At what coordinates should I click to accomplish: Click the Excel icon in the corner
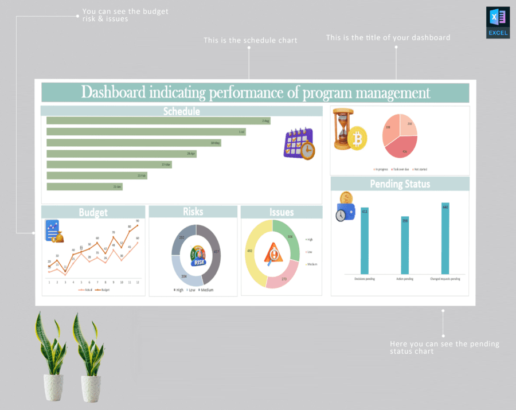coord(498,22)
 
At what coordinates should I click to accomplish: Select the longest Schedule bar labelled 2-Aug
coord(158,121)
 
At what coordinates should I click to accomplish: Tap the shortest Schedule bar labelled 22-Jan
coord(84,187)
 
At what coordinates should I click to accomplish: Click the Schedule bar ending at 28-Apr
coord(121,154)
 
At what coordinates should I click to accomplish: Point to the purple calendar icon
coord(299,143)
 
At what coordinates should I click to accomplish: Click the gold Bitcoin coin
coord(357,138)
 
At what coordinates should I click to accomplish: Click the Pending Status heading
coord(400,184)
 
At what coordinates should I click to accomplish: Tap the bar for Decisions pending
coord(364,241)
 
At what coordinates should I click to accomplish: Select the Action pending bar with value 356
coord(405,245)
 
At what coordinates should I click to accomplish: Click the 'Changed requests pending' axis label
coord(445,279)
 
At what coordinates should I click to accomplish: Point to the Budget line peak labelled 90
coord(137,225)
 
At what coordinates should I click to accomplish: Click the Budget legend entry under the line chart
coord(104,290)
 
